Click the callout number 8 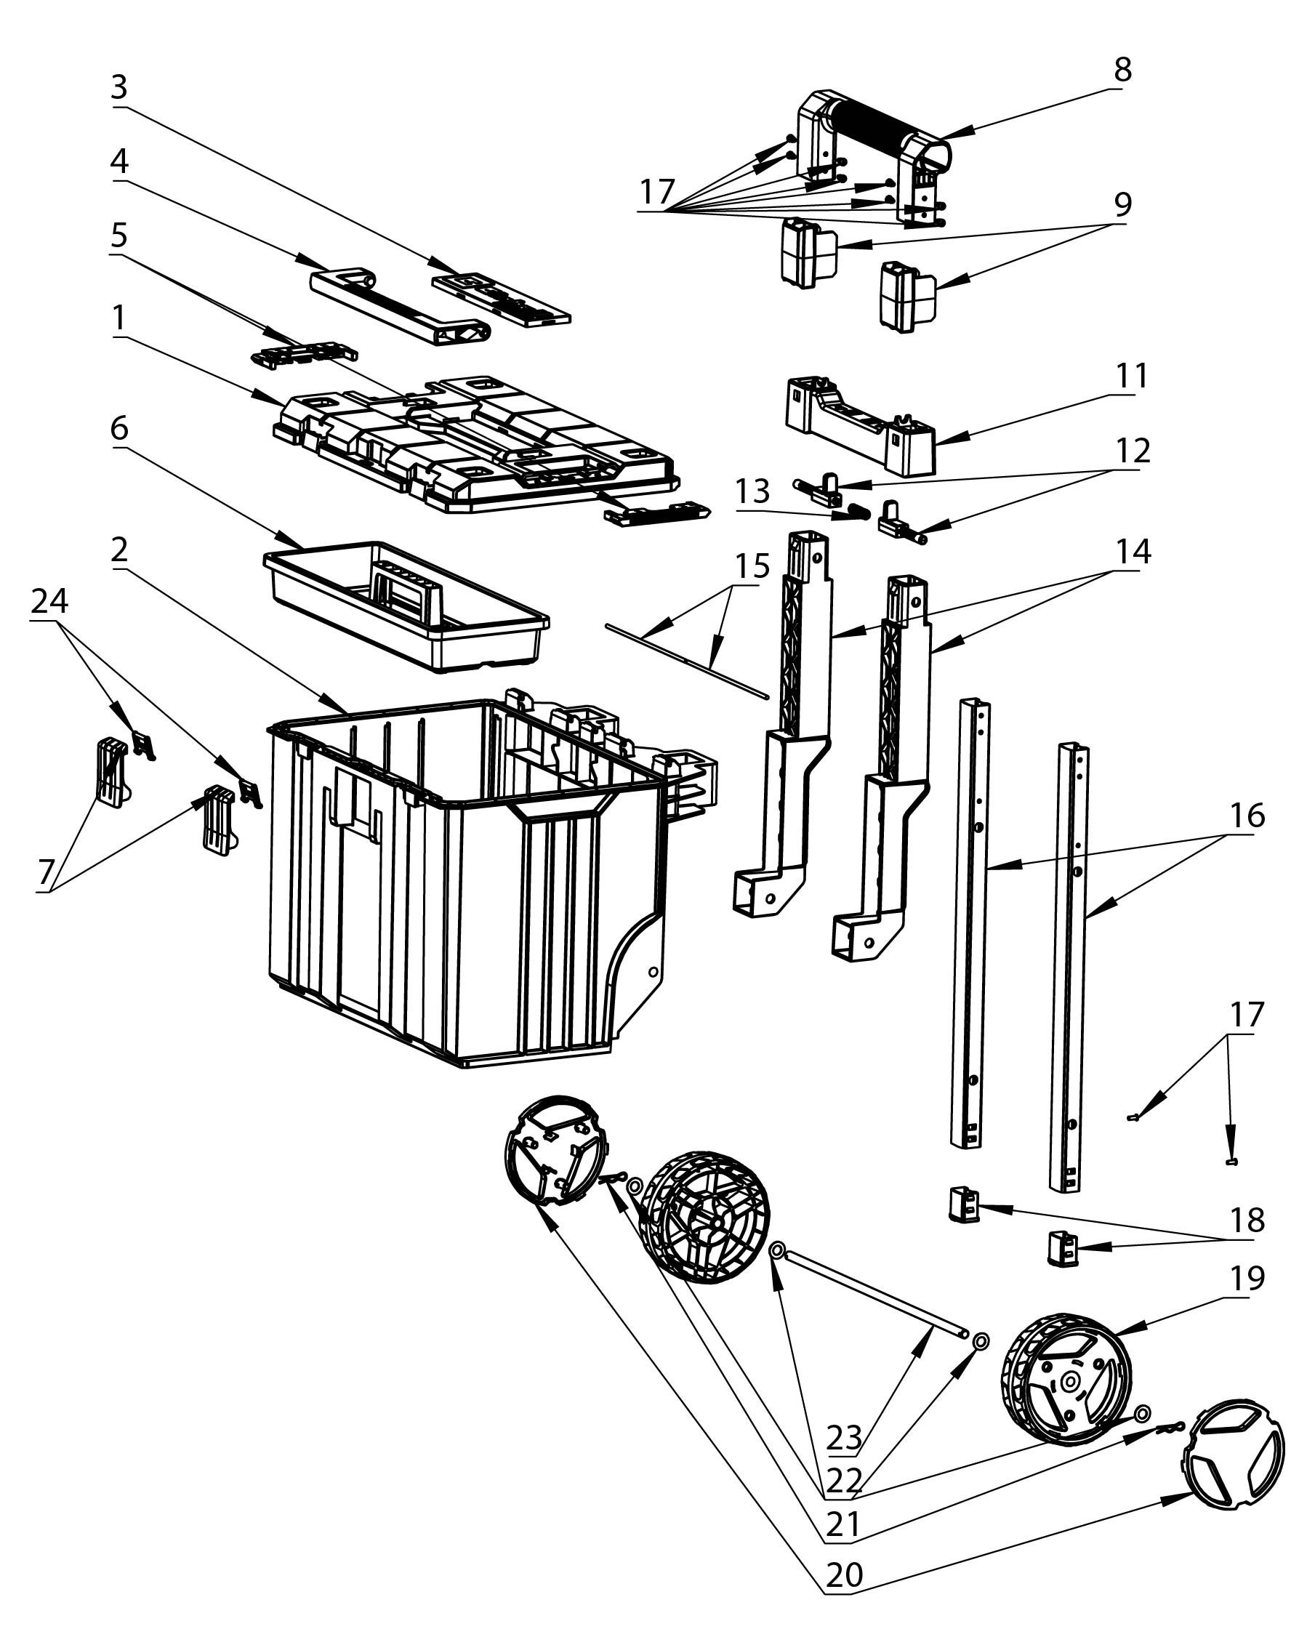(x=1122, y=70)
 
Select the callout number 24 (x=50, y=601)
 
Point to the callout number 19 (x=1248, y=1278)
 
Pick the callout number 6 (x=119, y=429)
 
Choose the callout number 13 (x=752, y=491)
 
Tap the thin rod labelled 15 (x=687, y=659)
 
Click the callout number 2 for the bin (x=119, y=551)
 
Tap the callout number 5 (x=119, y=236)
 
